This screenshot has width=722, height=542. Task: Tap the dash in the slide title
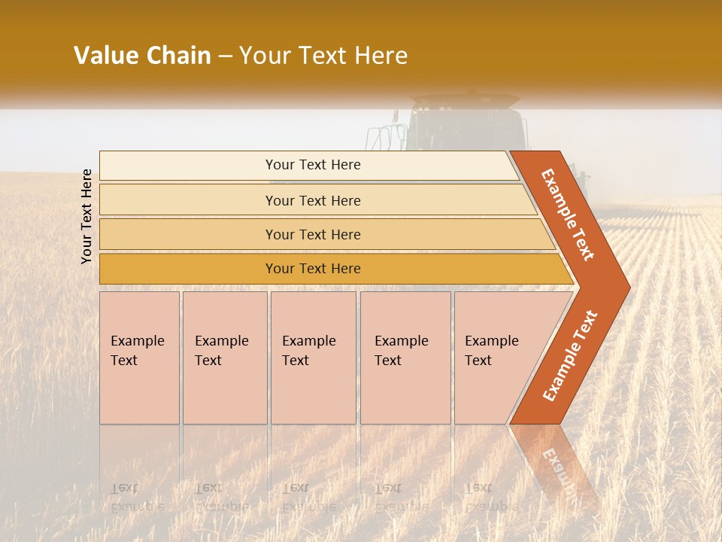(225, 56)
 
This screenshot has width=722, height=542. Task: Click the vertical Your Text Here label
(86, 216)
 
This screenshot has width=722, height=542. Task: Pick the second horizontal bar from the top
(312, 200)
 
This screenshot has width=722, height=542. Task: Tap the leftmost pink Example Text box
(139, 358)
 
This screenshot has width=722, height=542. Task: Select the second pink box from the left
(224, 358)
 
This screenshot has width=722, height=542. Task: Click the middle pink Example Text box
(313, 358)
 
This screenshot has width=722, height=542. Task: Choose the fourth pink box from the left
(405, 358)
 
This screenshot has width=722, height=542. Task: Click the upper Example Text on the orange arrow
(568, 215)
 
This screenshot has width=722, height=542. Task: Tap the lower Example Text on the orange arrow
(569, 355)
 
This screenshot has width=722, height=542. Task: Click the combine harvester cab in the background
(466, 124)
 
